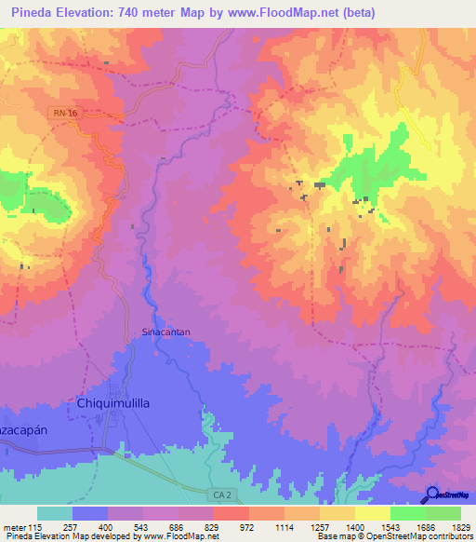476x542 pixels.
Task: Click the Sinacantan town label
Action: [164, 331]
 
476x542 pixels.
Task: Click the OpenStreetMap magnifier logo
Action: [433, 495]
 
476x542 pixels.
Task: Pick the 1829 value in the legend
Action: [459, 527]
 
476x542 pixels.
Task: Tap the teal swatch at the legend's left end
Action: [55, 513]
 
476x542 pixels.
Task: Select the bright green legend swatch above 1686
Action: [407, 513]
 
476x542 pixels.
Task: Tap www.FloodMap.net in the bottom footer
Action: [170, 537]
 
